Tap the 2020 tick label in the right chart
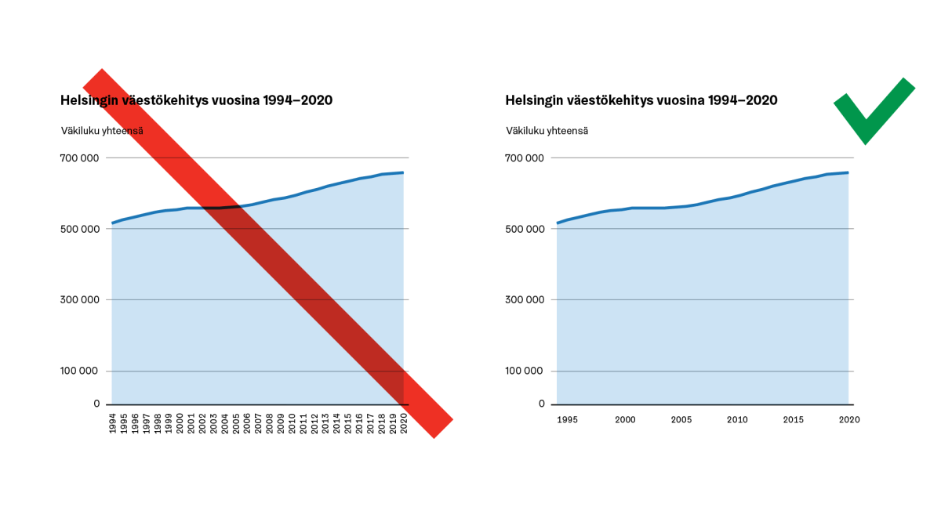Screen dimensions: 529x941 pyautogui.click(x=849, y=419)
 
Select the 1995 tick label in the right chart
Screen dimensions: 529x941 pyautogui.click(x=567, y=419)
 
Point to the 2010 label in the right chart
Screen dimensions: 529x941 pyautogui.click(x=737, y=419)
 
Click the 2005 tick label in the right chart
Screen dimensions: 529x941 pyautogui.click(x=681, y=419)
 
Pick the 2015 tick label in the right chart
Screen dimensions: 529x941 pyautogui.click(x=794, y=419)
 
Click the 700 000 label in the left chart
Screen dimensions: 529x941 pyautogui.click(x=79, y=158)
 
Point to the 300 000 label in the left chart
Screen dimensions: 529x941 pyautogui.click(x=79, y=300)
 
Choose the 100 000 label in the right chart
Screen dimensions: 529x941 pyautogui.click(x=524, y=371)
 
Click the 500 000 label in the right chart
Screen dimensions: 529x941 pyautogui.click(x=524, y=229)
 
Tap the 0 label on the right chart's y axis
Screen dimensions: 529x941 pyautogui.click(x=541, y=404)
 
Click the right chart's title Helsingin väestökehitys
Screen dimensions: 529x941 pyautogui.click(x=641, y=101)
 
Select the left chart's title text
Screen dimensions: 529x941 pyautogui.click(x=196, y=101)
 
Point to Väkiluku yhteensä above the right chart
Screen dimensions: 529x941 pyautogui.click(x=547, y=131)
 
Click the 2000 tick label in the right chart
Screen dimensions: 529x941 pyautogui.click(x=624, y=419)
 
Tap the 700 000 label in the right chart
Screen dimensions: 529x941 pyautogui.click(x=524, y=158)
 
